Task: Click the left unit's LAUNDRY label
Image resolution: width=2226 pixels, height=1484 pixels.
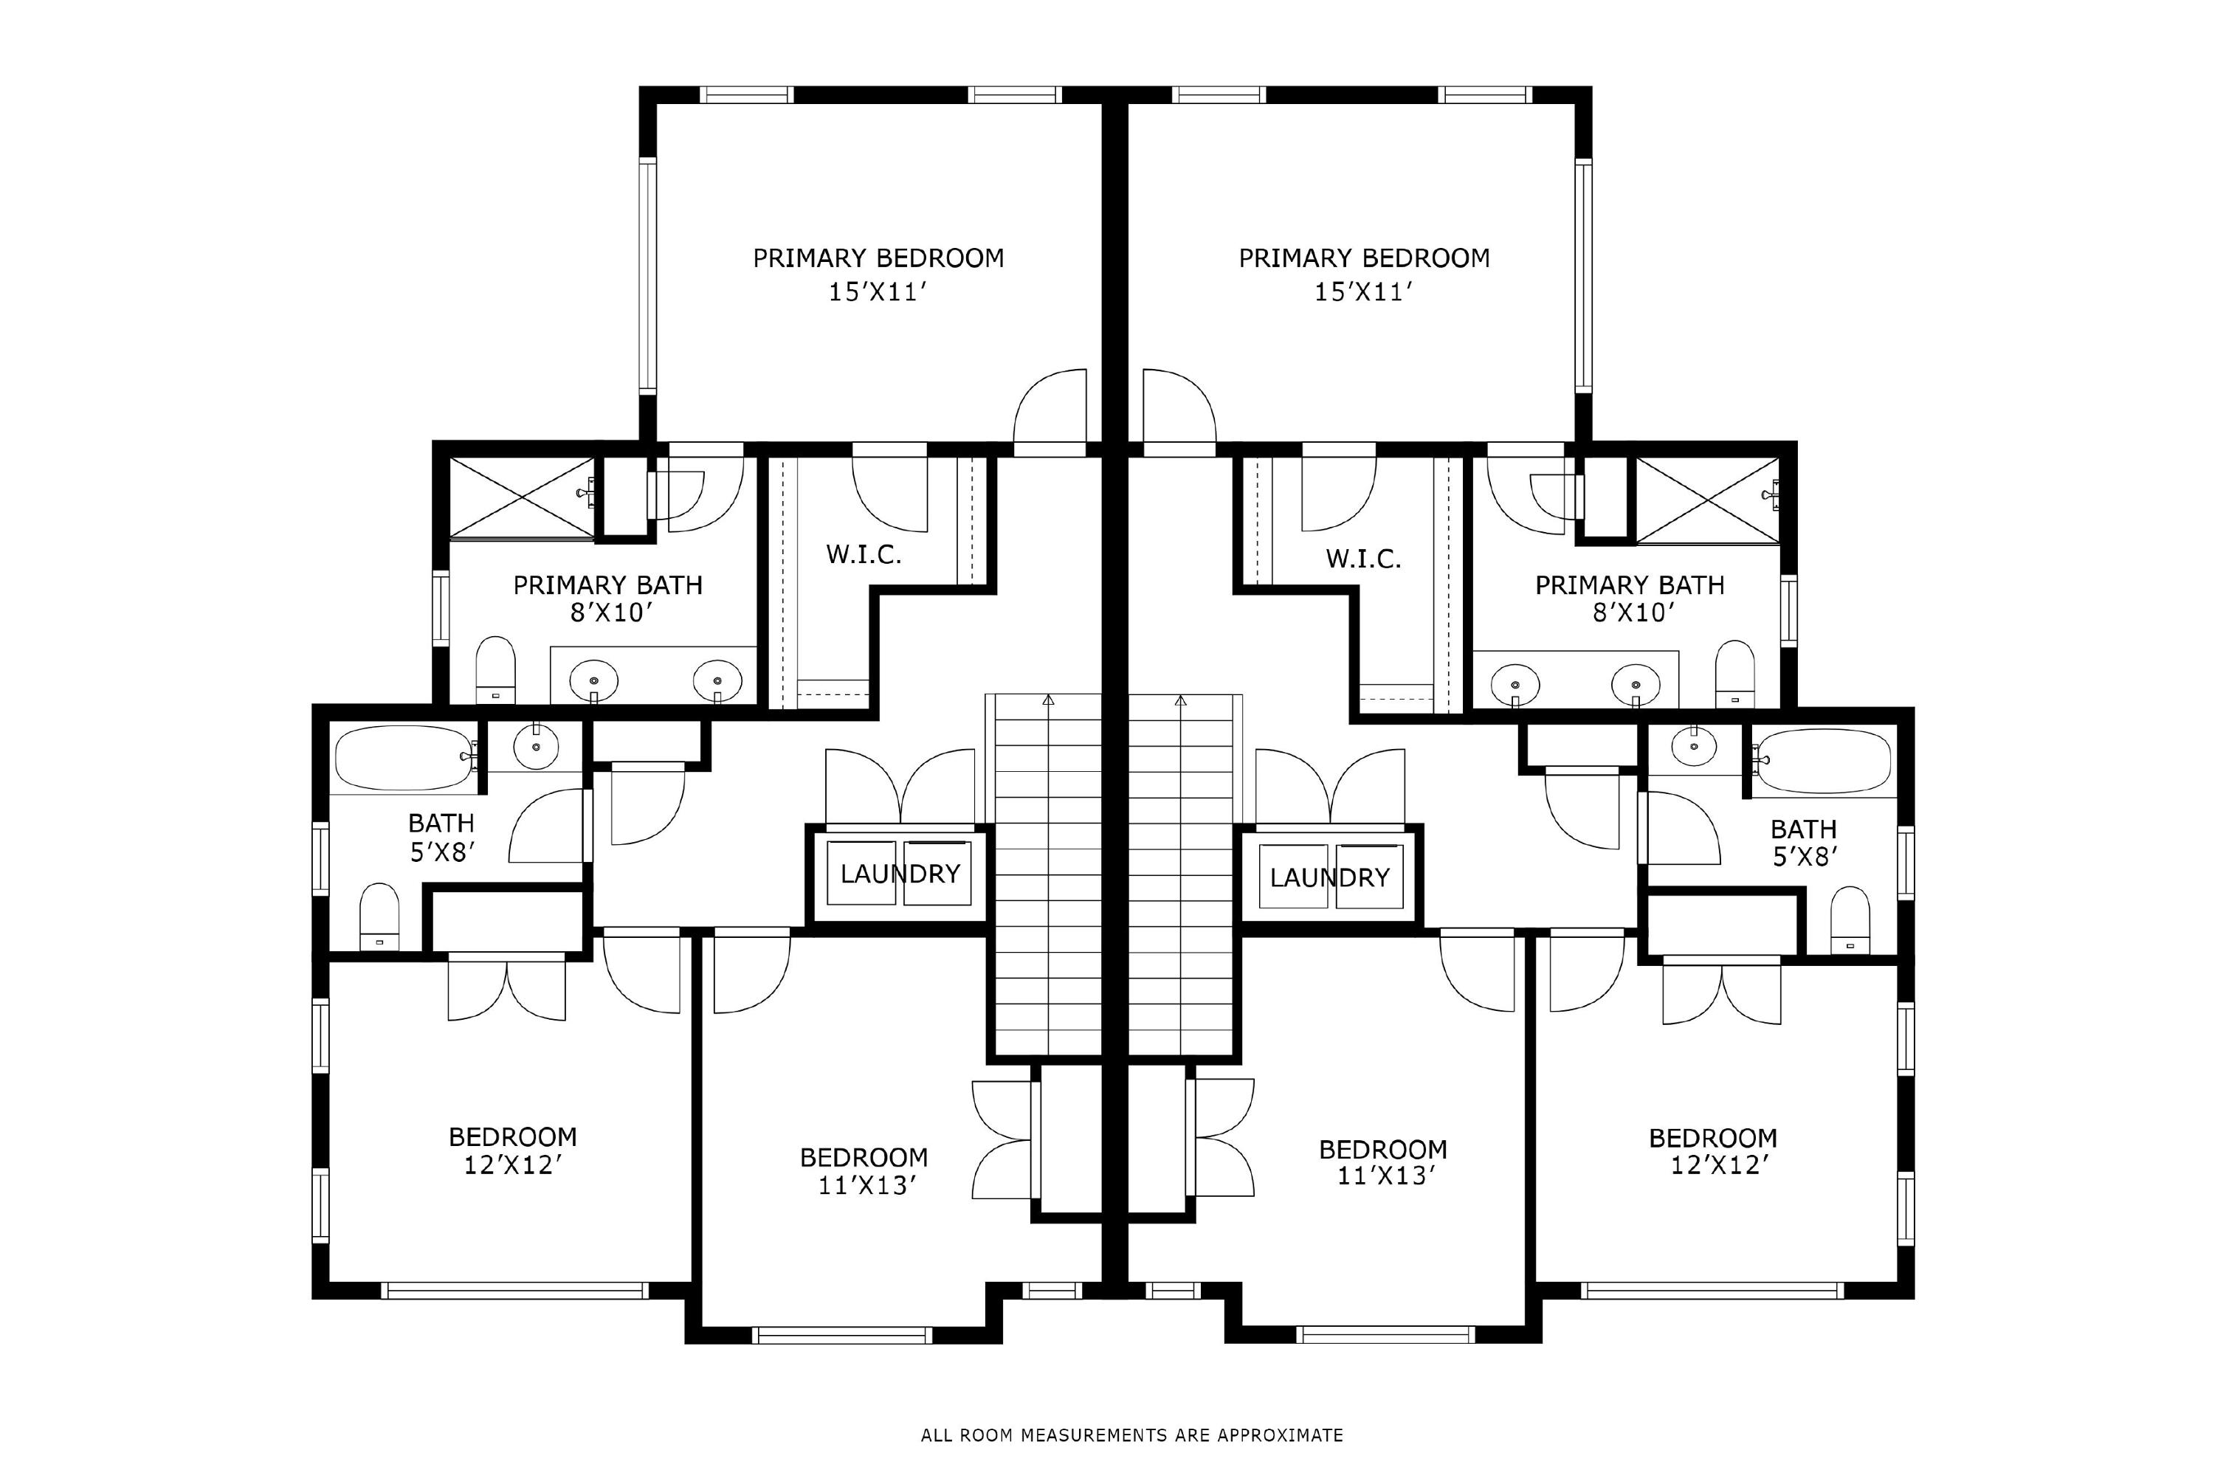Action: [x=900, y=874]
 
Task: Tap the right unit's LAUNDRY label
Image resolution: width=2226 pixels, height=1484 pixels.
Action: [x=1330, y=877]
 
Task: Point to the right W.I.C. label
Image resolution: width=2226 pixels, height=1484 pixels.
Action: [x=1363, y=559]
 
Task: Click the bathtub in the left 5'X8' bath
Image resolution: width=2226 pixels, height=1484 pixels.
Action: [x=404, y=757]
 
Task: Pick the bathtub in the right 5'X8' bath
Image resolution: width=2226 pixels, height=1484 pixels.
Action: [x=1823, y=761]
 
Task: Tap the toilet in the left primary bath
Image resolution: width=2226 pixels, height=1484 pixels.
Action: [x=495, y=670]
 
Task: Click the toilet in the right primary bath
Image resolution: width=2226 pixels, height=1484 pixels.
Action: [x=1734, y=673]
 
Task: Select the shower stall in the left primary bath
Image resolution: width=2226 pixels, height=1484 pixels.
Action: [x=523, y=499]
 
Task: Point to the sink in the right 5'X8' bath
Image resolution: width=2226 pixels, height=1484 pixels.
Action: [x=1694, y=748]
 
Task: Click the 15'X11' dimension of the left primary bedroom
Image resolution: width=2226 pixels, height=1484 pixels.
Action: [x=876, y=291]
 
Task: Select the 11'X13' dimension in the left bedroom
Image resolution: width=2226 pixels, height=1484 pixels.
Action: [x=868, y=1185]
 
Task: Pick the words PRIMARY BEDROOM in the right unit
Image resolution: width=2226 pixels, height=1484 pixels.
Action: [x=1364, y=258]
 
